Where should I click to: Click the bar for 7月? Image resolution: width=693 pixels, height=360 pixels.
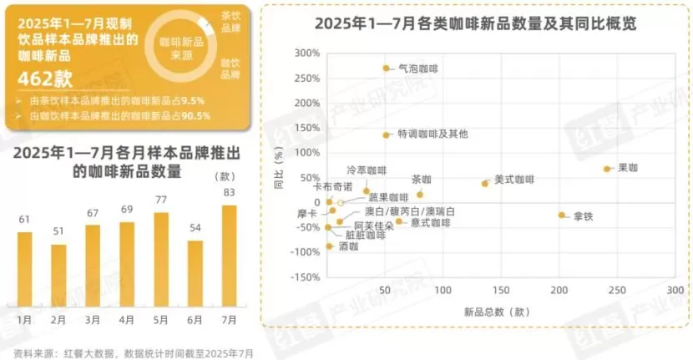click(x=229, y=256)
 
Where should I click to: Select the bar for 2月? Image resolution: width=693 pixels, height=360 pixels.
click(x=58, y=276)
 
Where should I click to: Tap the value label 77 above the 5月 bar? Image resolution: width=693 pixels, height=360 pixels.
click(x=161, y=200)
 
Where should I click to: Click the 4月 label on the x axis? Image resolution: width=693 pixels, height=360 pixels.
click(x=127, y=320)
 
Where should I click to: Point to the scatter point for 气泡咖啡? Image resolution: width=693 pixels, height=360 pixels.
click(x=386, y=68)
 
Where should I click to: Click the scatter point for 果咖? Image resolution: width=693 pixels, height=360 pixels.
click(x=607, y=169)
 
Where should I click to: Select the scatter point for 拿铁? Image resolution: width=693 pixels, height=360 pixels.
click(x=561, y=215)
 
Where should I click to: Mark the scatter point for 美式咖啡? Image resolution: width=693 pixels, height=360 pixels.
click(x=484, y=183)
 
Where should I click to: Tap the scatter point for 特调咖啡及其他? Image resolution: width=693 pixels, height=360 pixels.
click(x=386, y=134)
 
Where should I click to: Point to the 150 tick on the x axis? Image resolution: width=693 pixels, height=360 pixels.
click(x=501, y=290)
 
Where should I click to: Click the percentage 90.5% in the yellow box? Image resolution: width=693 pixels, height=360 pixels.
click(x=190, y=115)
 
